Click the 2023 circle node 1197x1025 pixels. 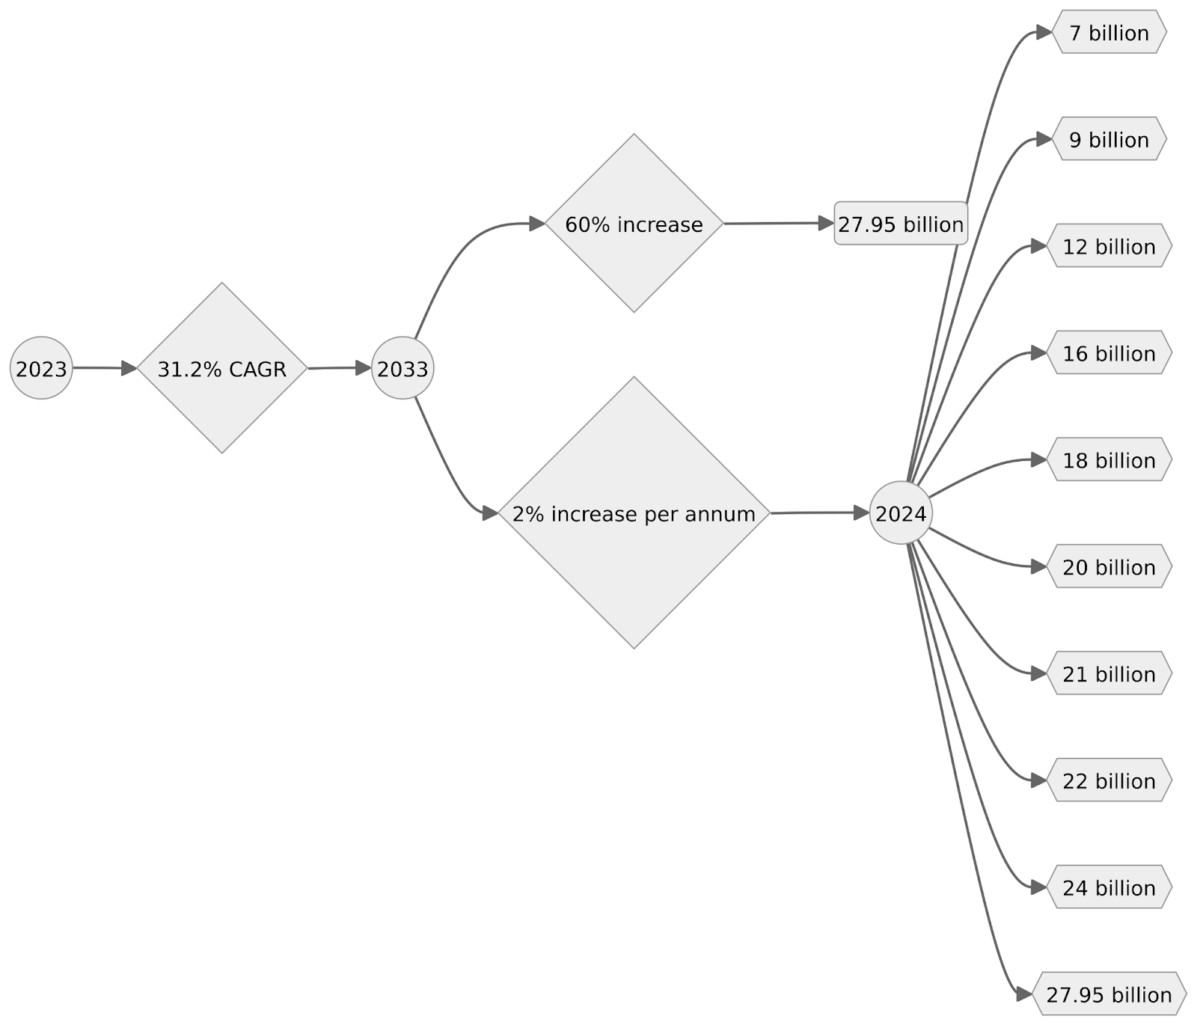pyautogui.click(x=41, y=368)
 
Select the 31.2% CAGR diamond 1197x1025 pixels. pyautogui.click(x=222, y=368)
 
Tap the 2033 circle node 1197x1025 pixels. pyautogui.click(x=402, y=368)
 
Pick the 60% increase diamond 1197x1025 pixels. pyautogui.click(x=634, y=223)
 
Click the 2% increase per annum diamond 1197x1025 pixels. pyautogui.click(x=634, y=512)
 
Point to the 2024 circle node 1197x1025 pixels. pyautogui.click(x=901, y=513)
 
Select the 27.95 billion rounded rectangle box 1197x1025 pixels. pyautogui.click(x=901, y=223)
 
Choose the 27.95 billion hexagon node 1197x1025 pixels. pyautogui.click(x=1109, y=994)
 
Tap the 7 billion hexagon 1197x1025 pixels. pyautogui.click(x=1109, y=32)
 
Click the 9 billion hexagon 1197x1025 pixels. pyautogui.click(x=1109, y=139)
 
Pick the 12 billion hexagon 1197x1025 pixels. pyautogui.click(x=1109, y=246)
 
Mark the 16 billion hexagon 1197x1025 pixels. pyautogui.click(x=1109, y=353)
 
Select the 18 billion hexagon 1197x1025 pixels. pyautogui.click(x=1109, y=460)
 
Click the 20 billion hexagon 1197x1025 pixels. pyautogui.click(x=1109, y=567)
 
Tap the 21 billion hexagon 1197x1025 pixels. pyautogui.click(x=1109, y=674)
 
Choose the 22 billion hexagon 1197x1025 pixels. pyautogui.click(x=1109, y=780)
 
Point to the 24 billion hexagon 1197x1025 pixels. pyautogui.click(x=1109, y=887)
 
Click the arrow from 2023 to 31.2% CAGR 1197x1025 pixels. pyautogui.click(x=105, y=368)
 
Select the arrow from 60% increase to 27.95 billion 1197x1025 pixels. pyautogui.click(x=779, y=223)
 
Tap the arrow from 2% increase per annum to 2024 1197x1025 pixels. pyautogui.click(x=820, y=512)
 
